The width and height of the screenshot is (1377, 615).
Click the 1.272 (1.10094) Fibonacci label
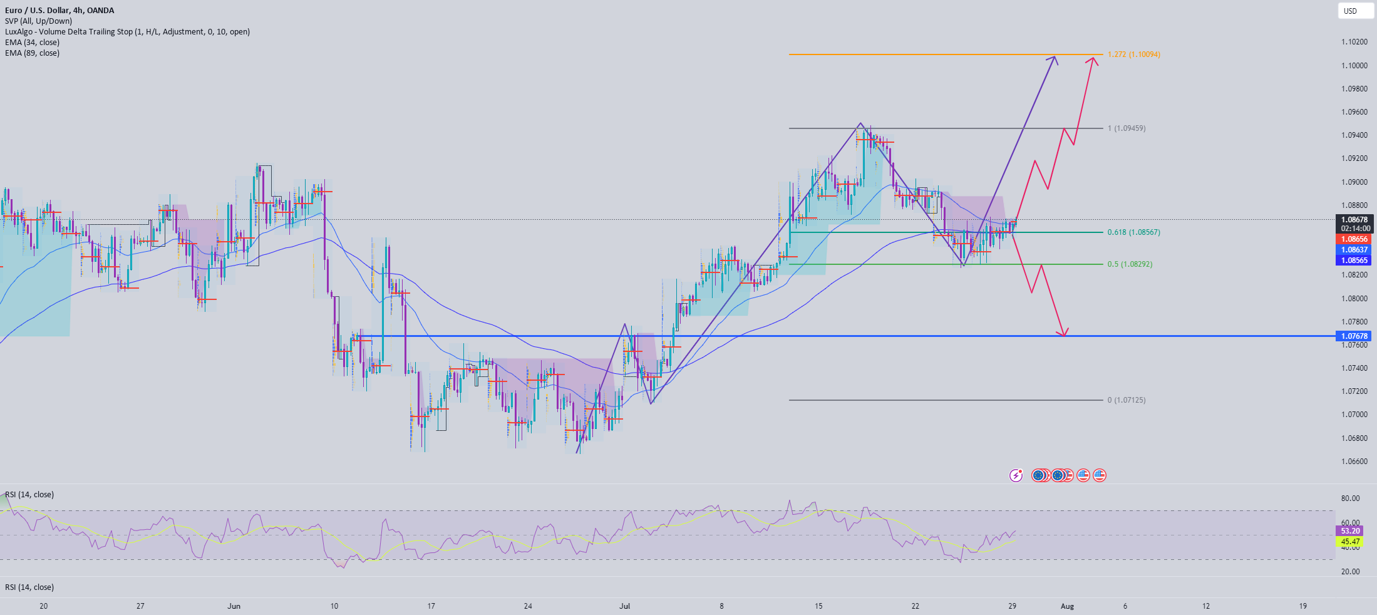coord(1133,54)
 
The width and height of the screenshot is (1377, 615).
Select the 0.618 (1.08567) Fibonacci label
coord(1133,232)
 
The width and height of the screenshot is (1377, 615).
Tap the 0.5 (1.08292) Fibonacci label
coord(1130,264)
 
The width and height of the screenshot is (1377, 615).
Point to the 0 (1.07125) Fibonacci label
coord(1126,400)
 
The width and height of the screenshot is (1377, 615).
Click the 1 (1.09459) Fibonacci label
coord(1126,128)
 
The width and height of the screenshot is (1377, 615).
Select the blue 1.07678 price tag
coord(1353,336)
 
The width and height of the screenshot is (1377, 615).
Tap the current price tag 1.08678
coord(1353,220)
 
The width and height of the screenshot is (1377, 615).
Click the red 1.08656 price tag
coord(1353,239)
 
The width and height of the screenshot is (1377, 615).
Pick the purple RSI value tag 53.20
coord(1350,531)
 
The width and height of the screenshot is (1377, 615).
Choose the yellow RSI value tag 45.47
coord(1350,542)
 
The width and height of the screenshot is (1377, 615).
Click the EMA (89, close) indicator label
coord(32,53)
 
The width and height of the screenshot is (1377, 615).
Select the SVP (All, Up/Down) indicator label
coord(38,21)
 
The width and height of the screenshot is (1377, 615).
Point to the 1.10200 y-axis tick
coord(1354,42)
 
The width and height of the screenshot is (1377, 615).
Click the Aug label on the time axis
coord(1067,606)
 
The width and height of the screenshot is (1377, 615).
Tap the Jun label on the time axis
coord(234,606)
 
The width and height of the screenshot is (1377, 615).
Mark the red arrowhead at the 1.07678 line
coord(1063,333)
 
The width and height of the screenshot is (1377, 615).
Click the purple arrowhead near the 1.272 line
coord(1055,59)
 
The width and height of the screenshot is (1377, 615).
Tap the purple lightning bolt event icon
coord(1016,475)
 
